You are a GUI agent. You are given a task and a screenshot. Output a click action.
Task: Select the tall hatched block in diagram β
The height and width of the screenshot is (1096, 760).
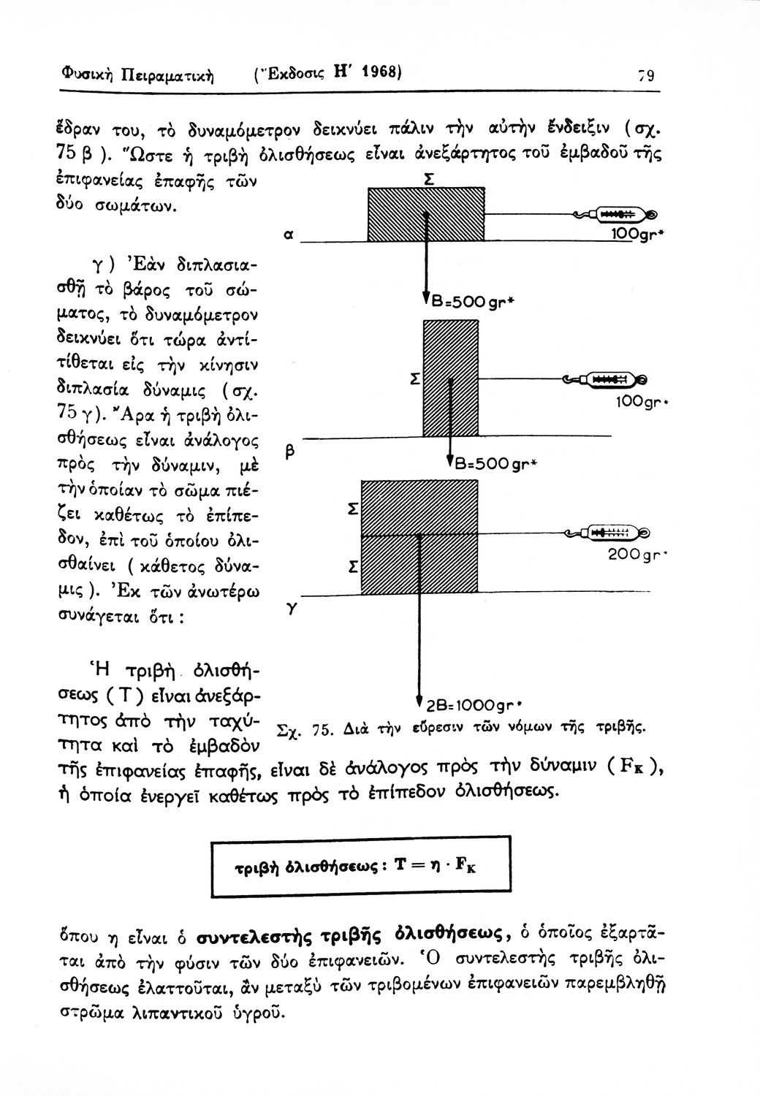click(451, 379)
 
